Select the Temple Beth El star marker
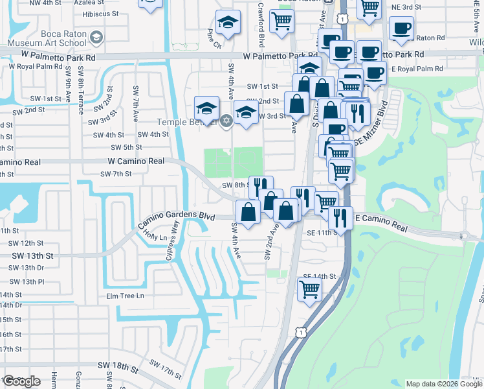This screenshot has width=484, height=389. pyautogui.click(x=226, y=121)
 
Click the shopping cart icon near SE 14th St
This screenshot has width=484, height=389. pyautogui.click(x=310, y=290)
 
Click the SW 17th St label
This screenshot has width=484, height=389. pyautogui.click(x=165, y=371)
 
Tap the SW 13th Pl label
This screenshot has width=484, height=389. pyautogui.click(x=27, y=281)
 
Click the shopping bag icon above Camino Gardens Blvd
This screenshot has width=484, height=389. pyautogui.click(x=248, y=211)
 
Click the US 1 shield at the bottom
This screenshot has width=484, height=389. pyautogui.click(x=300, y=331)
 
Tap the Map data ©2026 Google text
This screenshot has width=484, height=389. pyautogui.click(x=443, y=384)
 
